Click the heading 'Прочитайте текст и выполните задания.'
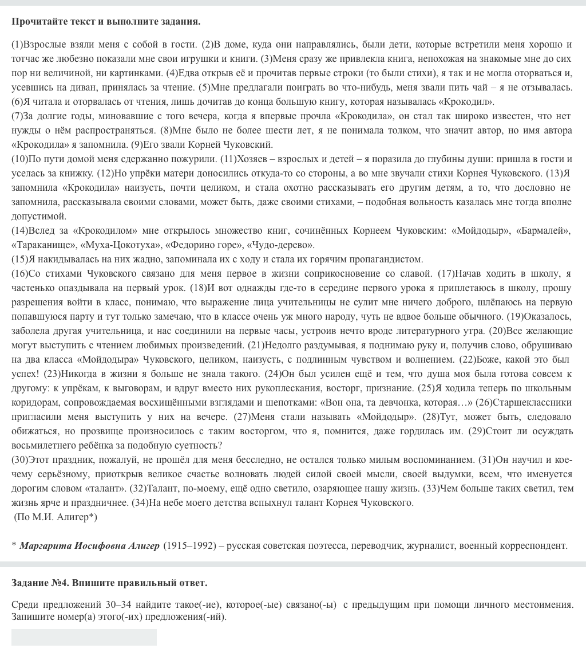pyautogui.click(x=106, y=22)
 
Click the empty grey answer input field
pyautogui.click(x=84, y=637)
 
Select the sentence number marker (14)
pyautogui.click(x=19, y=231)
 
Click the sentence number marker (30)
pyautogui.click(x=19, y=460)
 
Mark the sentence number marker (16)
pyautogui.click(x=19, y=274)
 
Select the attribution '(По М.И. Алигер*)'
pyautogui.click(x=56, y=517)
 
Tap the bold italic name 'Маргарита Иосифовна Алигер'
pyautogui.click(x=89, y=546)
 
